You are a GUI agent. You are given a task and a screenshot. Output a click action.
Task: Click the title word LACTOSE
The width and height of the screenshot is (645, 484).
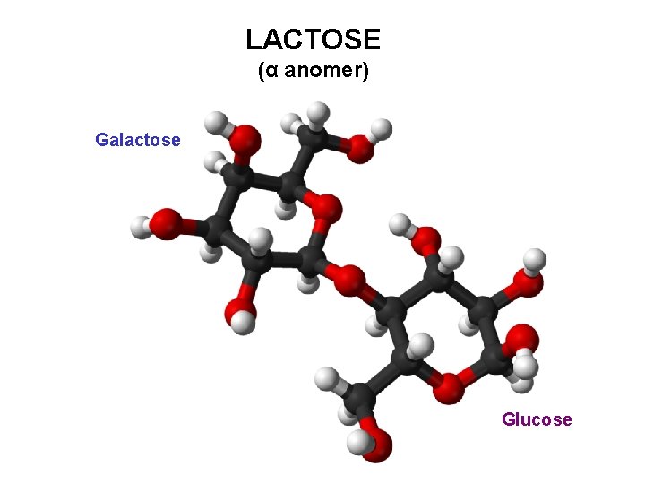click(x=313, y=39)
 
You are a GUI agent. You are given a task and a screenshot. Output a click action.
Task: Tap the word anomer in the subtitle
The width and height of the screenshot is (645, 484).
click(x=321, y=71)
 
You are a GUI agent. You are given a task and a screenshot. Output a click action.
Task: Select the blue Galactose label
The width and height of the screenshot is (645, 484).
click(x=138, y=140)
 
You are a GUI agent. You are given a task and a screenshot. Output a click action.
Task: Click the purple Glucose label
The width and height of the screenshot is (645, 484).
click(x=537, y=419)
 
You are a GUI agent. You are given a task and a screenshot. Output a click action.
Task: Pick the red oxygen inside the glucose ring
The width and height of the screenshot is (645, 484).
click(x=448, y=387)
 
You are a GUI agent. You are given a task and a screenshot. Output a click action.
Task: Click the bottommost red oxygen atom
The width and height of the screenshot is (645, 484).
click(x=377, y=445)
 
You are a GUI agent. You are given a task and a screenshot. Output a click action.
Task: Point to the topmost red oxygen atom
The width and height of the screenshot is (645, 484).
click(x=245, y=139)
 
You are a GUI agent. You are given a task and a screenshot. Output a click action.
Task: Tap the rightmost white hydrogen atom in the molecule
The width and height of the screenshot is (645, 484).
click(x=535, y=261)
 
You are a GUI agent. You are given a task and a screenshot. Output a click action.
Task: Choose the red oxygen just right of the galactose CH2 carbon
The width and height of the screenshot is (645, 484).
click(x=360, y=147)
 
